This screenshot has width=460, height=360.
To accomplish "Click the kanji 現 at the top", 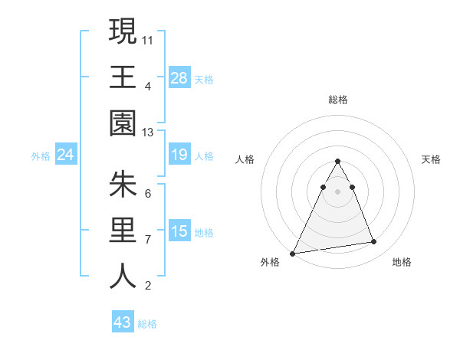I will click(123, 31).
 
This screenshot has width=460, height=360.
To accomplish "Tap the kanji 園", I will click(123, 123).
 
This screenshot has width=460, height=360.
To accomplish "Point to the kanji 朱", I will click(123, 185).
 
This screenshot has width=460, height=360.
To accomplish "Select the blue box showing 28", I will click(179, 77).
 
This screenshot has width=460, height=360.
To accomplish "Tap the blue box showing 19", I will click(179, 155).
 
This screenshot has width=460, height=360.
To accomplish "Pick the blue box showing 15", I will click(179, 232).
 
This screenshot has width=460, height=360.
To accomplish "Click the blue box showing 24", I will click(66, 155).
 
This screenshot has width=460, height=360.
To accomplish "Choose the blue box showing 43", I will click(123, 322).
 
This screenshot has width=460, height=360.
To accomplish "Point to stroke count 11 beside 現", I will click(149, 38).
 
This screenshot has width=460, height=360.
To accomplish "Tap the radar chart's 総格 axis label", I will click(338, 100).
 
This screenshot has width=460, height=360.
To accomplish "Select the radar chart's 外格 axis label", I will click(270, 262).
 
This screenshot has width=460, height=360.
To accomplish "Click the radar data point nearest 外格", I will click(293, 253).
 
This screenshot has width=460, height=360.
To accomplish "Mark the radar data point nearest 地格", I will click(374, 242).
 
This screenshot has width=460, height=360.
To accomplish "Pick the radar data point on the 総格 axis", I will click(338, 161).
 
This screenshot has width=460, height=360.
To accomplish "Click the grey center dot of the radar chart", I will click(338, 191).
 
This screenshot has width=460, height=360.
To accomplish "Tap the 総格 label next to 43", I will click(147, 324).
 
